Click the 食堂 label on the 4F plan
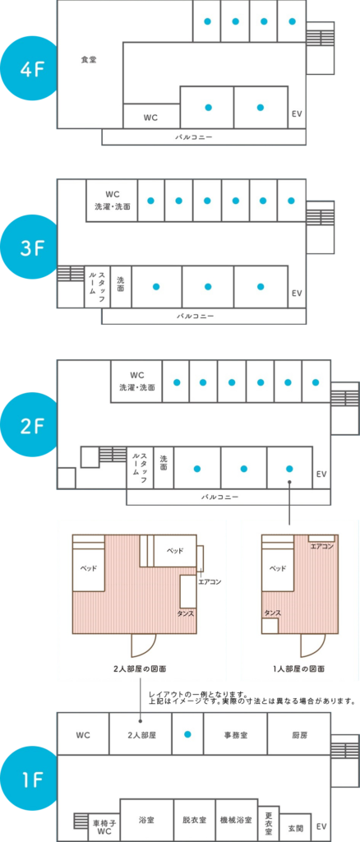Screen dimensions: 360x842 click(x=89, y=59)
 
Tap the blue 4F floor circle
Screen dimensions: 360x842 click(x=30, y=71)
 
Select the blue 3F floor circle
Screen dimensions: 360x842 click(x=30, y=248)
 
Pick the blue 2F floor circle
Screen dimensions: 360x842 click(x=30, y=426)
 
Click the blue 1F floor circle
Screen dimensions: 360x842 click(x=30, y=780)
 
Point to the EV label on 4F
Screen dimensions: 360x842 click(x=297, y=114)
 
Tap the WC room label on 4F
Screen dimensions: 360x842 click(x=150, y=118)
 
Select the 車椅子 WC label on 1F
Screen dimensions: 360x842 click(x=104, y=827)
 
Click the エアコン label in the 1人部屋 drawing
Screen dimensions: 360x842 click(x=322, y=547)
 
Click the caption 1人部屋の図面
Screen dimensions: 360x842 click(x=299, y=669)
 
